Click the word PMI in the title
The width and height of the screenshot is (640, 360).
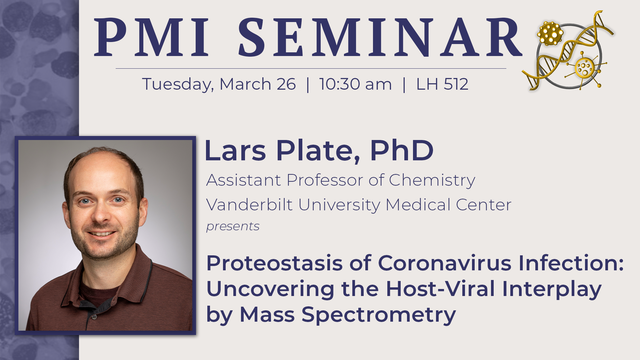(152, 37)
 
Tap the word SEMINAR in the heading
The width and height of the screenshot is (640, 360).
(380, 37)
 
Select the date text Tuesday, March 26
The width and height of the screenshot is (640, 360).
(219, 84)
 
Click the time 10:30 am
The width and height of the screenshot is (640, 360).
(355, 84)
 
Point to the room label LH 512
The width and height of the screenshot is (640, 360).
(442, 84)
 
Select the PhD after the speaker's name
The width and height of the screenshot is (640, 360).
(402, 151)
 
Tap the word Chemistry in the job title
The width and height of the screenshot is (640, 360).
(432, 181)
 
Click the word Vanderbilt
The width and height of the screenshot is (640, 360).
(249, 205)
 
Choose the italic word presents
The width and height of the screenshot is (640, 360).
(233, 227)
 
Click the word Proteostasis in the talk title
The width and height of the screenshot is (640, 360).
(274, 263)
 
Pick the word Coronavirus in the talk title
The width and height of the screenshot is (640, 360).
(445, 263)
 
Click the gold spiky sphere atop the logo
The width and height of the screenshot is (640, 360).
(550, 33)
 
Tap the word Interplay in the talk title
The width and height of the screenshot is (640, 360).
(552, 289)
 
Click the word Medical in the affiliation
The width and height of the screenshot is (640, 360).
(418, 205)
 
